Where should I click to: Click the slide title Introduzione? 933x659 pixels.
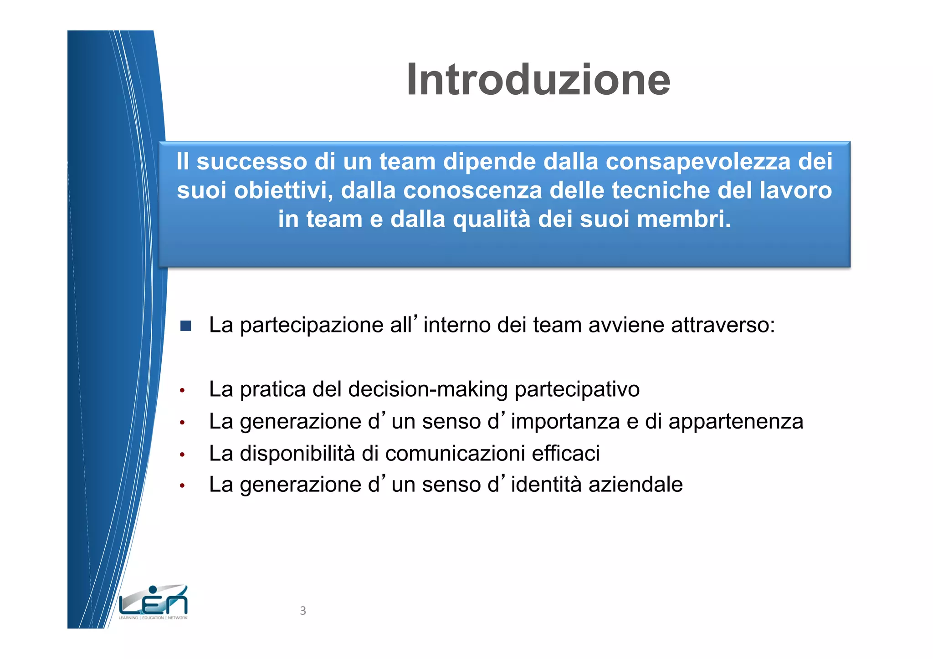[x=538, y=80]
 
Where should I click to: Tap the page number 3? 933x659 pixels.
[x=303, y=611]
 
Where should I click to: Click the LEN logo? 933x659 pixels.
[x=153, y=602]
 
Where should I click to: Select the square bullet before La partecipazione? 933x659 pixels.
[x=185, y=326]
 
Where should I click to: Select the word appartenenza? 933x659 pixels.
[x=736, y=422]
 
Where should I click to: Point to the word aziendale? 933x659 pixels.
[x=636, y=485]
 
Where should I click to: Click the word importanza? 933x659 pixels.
[x=565, y=422]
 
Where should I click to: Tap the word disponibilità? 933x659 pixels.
[x=297, y=454]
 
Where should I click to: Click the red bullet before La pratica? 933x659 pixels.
[x=182, y=391]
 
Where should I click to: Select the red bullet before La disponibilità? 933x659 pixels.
[x=182, y=455]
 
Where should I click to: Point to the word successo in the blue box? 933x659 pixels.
[x=252, y=162]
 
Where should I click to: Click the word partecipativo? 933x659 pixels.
[x=577, y=390]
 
